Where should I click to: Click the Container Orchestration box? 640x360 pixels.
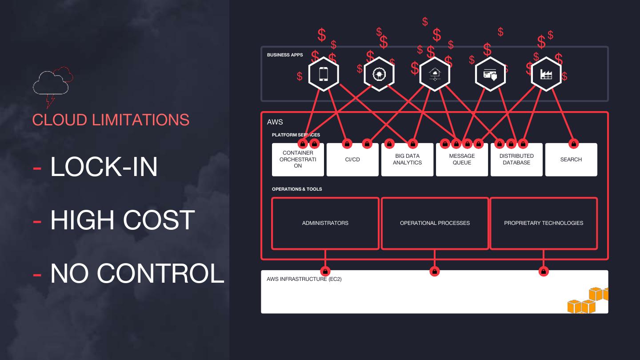click(298, 160)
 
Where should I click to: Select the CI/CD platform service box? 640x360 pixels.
click(352, 160)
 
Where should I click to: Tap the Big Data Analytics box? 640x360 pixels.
click(407, 160)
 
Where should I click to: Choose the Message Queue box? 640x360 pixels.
click(462, 160)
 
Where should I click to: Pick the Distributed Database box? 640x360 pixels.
click(516, 160)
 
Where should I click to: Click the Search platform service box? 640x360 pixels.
click(571, 160)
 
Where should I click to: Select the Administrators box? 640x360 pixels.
click(325, 223)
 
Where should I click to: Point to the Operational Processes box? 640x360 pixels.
click(435, 223)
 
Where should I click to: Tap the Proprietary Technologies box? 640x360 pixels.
click(544, 223)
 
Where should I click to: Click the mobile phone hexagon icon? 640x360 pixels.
click(324, 74)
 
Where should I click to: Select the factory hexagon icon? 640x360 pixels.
click(546, 74)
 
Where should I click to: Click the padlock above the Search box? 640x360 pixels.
click(574, 144)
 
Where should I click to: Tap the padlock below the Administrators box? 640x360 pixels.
click(325, 271)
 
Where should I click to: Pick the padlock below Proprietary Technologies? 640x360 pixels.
click(543, 271)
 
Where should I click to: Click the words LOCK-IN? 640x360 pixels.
click(104, 167)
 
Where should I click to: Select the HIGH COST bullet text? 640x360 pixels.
click(122, 220)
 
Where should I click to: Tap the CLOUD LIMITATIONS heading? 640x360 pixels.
click(111, 120)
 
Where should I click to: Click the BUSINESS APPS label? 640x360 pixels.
click(285, 55)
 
